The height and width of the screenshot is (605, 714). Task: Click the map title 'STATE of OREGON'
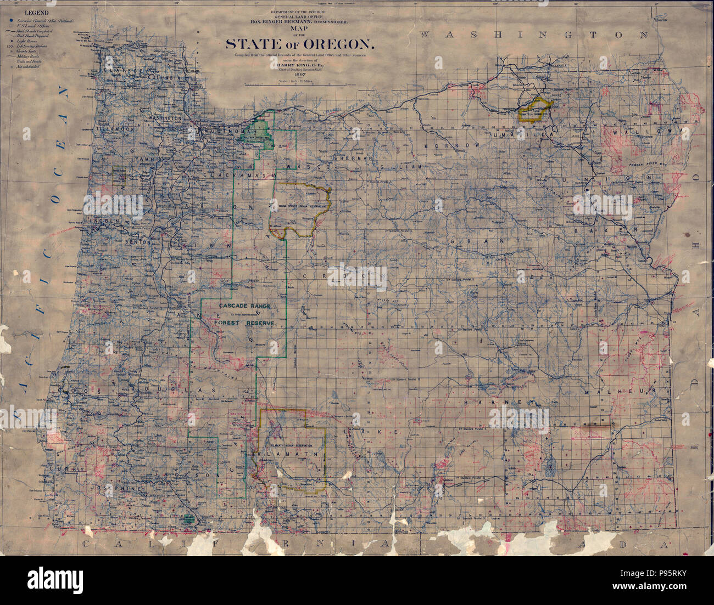pyautogui.click(x=300, y=43)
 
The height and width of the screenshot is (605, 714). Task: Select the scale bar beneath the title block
pyautogui.click(x=297, y=86)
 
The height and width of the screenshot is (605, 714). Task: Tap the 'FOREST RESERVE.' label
pyautogui.click(x=245, y=324)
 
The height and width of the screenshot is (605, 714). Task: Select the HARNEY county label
pyautogui.click(x=490, y=403)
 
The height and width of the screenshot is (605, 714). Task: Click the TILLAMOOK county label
pyautogui.click(x=115, y=129)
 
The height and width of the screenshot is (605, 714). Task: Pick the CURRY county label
pyautogui.click(x=61, y=470)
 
